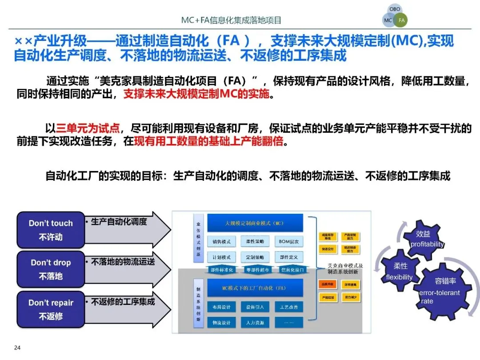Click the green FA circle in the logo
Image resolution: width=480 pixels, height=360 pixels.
click(402, 20)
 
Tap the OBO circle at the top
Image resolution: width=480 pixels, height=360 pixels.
click(395, 9)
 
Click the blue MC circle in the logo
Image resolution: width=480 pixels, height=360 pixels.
click(388, 20)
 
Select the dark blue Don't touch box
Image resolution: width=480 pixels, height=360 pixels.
click(51, 230)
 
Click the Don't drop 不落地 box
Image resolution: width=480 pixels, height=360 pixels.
click(51, 269)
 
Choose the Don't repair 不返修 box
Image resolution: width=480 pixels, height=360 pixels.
click(51, 309)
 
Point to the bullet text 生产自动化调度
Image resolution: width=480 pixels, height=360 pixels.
click(119, 221)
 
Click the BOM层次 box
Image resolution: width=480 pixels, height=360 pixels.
click(288, 242)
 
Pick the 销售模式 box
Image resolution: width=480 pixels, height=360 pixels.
click(222, 242)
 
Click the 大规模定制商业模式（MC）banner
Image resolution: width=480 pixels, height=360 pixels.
click(255, 223)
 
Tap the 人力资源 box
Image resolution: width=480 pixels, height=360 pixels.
click(255, 322)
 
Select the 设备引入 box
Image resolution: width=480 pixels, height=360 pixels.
click(255, 307)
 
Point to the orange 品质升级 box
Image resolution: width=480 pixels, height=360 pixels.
click(328, 284)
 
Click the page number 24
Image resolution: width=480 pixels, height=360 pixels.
click(17, 348)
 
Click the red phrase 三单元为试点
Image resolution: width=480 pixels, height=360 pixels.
click(88, 129)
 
